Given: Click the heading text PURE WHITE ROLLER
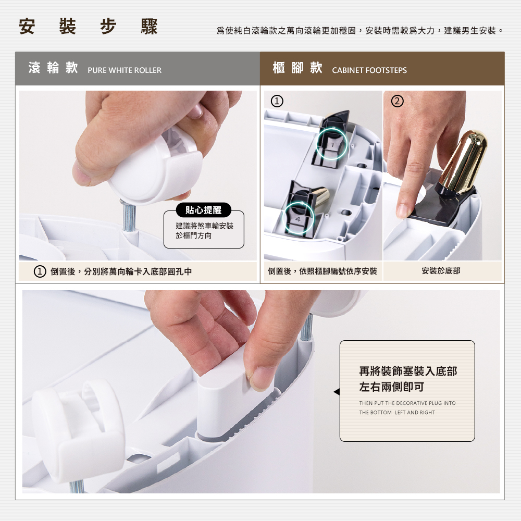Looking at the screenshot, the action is [125, 70].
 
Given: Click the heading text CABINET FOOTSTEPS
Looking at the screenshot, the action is [369, 70].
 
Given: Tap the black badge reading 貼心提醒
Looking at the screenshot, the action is [203, 210].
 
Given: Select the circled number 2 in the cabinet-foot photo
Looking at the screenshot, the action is [397, 101].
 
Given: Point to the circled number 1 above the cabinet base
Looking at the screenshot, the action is [277, 101].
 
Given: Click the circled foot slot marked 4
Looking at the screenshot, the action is [298, 218].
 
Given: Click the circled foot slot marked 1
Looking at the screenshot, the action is [331, 144].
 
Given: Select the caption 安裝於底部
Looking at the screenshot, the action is [441, 271].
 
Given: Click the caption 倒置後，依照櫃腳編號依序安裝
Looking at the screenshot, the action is [322, 271].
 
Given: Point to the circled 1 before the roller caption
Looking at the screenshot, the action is [40, 271].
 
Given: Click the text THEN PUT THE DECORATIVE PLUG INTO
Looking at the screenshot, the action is [407, 403].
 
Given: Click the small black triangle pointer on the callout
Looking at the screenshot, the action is [337, 392].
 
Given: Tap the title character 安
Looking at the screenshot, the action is [27, 27].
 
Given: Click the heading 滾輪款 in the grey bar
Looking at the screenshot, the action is [53, 68].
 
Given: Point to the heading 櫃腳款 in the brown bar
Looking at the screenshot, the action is [297, 68].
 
